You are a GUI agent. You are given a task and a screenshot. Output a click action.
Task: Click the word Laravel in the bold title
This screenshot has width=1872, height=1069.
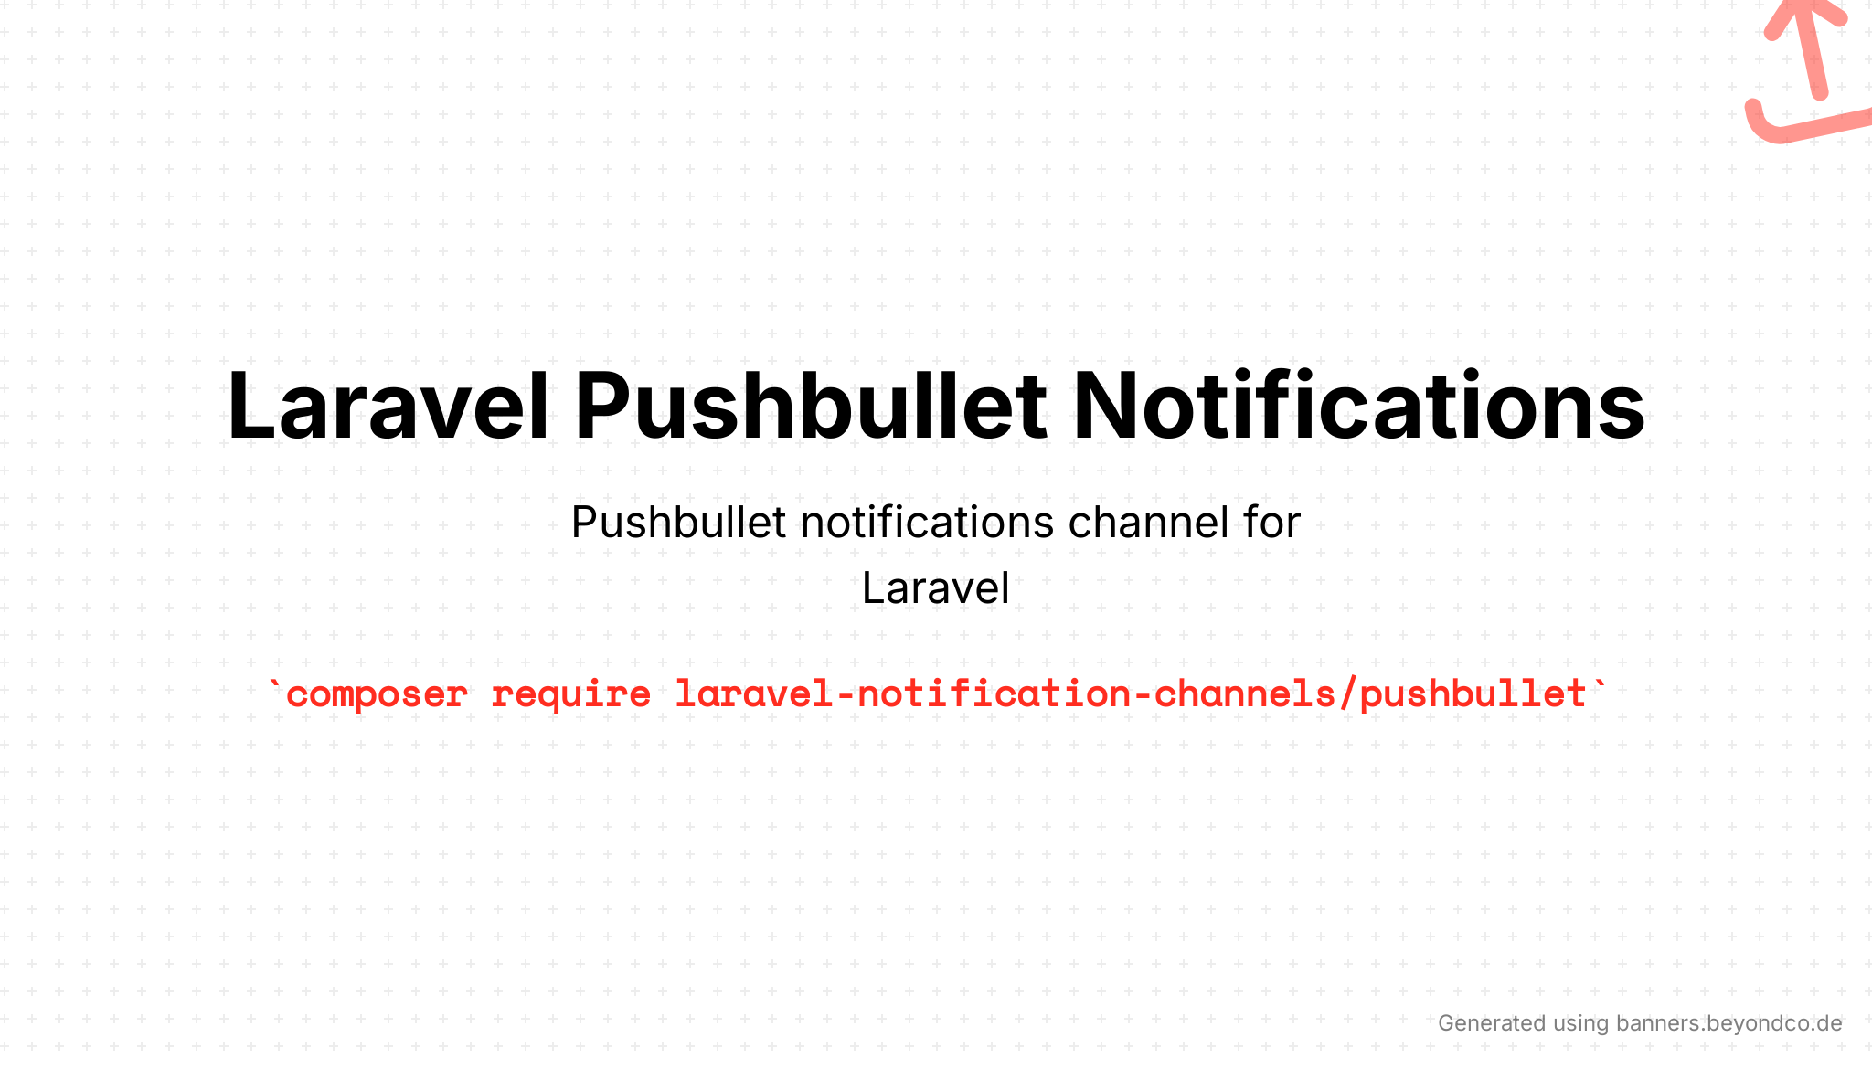(388, 406)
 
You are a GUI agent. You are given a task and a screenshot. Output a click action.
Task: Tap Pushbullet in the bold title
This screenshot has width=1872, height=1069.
(810, 406)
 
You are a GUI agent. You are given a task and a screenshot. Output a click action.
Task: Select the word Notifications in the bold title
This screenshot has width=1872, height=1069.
(1358, 406)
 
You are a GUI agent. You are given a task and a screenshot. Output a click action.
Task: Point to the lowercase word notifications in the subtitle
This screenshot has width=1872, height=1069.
(928, 523)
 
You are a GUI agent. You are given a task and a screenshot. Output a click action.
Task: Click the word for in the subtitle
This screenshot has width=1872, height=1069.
(1271, 523)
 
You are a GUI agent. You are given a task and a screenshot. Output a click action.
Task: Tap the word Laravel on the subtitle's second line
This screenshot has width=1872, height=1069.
(936, 587)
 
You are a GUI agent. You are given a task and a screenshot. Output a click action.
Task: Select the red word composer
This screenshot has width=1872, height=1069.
(377, 695)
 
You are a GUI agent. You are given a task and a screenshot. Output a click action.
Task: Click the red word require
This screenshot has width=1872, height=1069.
(571, 695)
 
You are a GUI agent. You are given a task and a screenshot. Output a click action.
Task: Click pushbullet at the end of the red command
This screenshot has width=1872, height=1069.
(1473, 695)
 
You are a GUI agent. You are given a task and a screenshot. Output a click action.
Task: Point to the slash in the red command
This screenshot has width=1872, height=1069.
(1347, 693)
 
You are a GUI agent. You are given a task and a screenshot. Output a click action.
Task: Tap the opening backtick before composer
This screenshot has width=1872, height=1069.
(275, 683)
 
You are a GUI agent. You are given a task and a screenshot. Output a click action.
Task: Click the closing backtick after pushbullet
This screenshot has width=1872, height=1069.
(1599, 683)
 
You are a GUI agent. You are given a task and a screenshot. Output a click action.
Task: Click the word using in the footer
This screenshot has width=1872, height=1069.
(1580, 1024)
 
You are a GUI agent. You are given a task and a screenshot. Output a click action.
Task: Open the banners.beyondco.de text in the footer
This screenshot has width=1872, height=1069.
(1729, 1023)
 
